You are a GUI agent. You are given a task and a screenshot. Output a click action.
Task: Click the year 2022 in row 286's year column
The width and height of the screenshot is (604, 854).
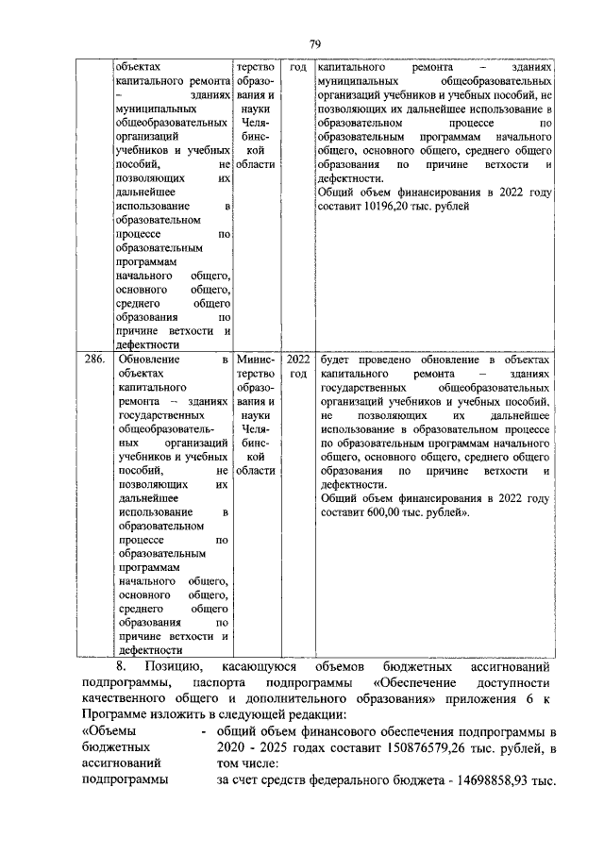click(298, 360)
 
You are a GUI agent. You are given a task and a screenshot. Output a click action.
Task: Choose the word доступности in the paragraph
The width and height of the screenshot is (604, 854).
click(514, 682)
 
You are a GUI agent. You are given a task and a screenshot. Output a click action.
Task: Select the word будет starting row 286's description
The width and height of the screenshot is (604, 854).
click(336, 360)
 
